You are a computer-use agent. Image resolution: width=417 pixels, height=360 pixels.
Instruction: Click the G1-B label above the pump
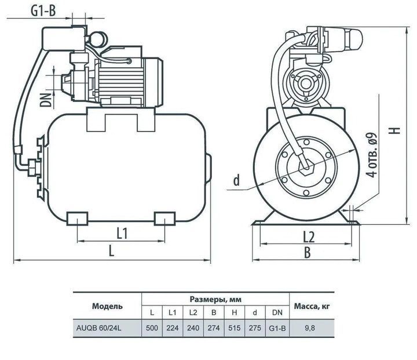[x=43, y=11]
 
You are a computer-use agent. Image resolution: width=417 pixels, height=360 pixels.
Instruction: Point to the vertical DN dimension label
[x=46, y=100]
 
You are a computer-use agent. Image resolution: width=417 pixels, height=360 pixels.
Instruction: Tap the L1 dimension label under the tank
[x=122, y=233]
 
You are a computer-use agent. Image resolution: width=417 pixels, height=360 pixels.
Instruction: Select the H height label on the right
[x=396, y=130]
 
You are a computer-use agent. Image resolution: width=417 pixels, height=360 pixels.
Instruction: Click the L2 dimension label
[x=309, y=237]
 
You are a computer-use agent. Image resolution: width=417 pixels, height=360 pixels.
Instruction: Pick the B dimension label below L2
[x=307, y=252]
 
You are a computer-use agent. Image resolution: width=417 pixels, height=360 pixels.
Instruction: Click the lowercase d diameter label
[x=236, y=180]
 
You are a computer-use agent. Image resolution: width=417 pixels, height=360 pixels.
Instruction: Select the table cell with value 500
[x=152, y=328]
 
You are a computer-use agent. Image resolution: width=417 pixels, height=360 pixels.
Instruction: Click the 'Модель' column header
[x=107, y=306]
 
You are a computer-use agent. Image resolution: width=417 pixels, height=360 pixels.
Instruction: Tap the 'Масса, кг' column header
[x=312, y=307]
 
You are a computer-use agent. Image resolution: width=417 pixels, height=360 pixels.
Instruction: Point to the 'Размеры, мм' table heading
[x=215, y=299]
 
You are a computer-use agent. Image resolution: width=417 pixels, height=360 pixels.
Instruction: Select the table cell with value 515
[x=235, y=328]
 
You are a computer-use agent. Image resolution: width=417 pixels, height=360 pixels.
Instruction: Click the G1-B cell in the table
[x=277, y=328]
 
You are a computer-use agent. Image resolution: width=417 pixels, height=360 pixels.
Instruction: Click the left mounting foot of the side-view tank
[x=77, y=219]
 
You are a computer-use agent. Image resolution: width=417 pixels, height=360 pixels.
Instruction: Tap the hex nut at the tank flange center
[x=306, y=168]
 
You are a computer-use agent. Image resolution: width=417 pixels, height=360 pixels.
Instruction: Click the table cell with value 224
[x=173, y=328]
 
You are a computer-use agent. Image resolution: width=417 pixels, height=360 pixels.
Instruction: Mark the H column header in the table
[x=235, y=312]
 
